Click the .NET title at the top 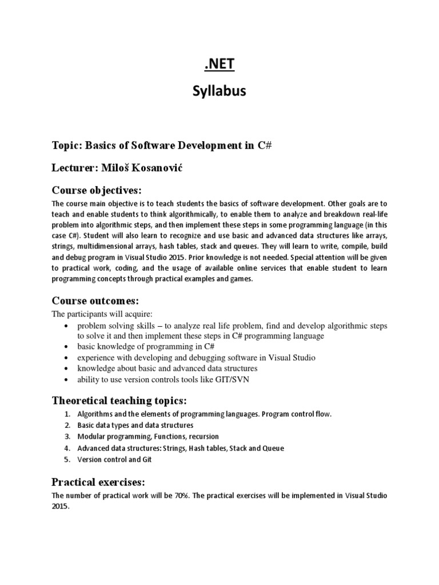(x=219, y=65)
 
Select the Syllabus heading (x=219, y=91)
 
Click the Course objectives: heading (x=96, y=190)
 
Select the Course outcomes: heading (x=95, y=300)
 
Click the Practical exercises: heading (x=101, y=481)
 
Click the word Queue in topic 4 (x=273, y=448)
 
